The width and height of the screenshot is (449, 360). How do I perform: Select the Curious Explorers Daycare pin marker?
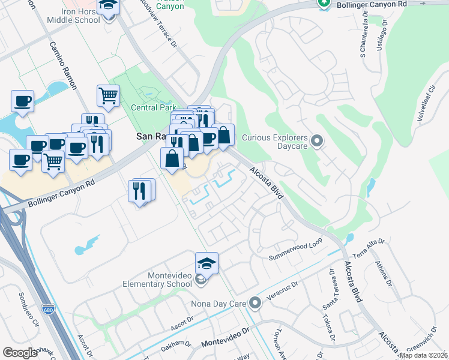tap(318, 142)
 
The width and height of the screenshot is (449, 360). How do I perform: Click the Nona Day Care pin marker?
tap(255, 303)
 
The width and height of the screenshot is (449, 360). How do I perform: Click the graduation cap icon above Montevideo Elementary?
tap(206, 263)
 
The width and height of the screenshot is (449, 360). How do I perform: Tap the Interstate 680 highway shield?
tap(48, 310)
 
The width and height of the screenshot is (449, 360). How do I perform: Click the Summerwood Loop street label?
tap(295, 249)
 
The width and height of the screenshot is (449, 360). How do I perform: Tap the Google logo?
tap(20, 353)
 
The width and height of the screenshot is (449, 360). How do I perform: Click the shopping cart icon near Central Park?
tap(108, 95)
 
